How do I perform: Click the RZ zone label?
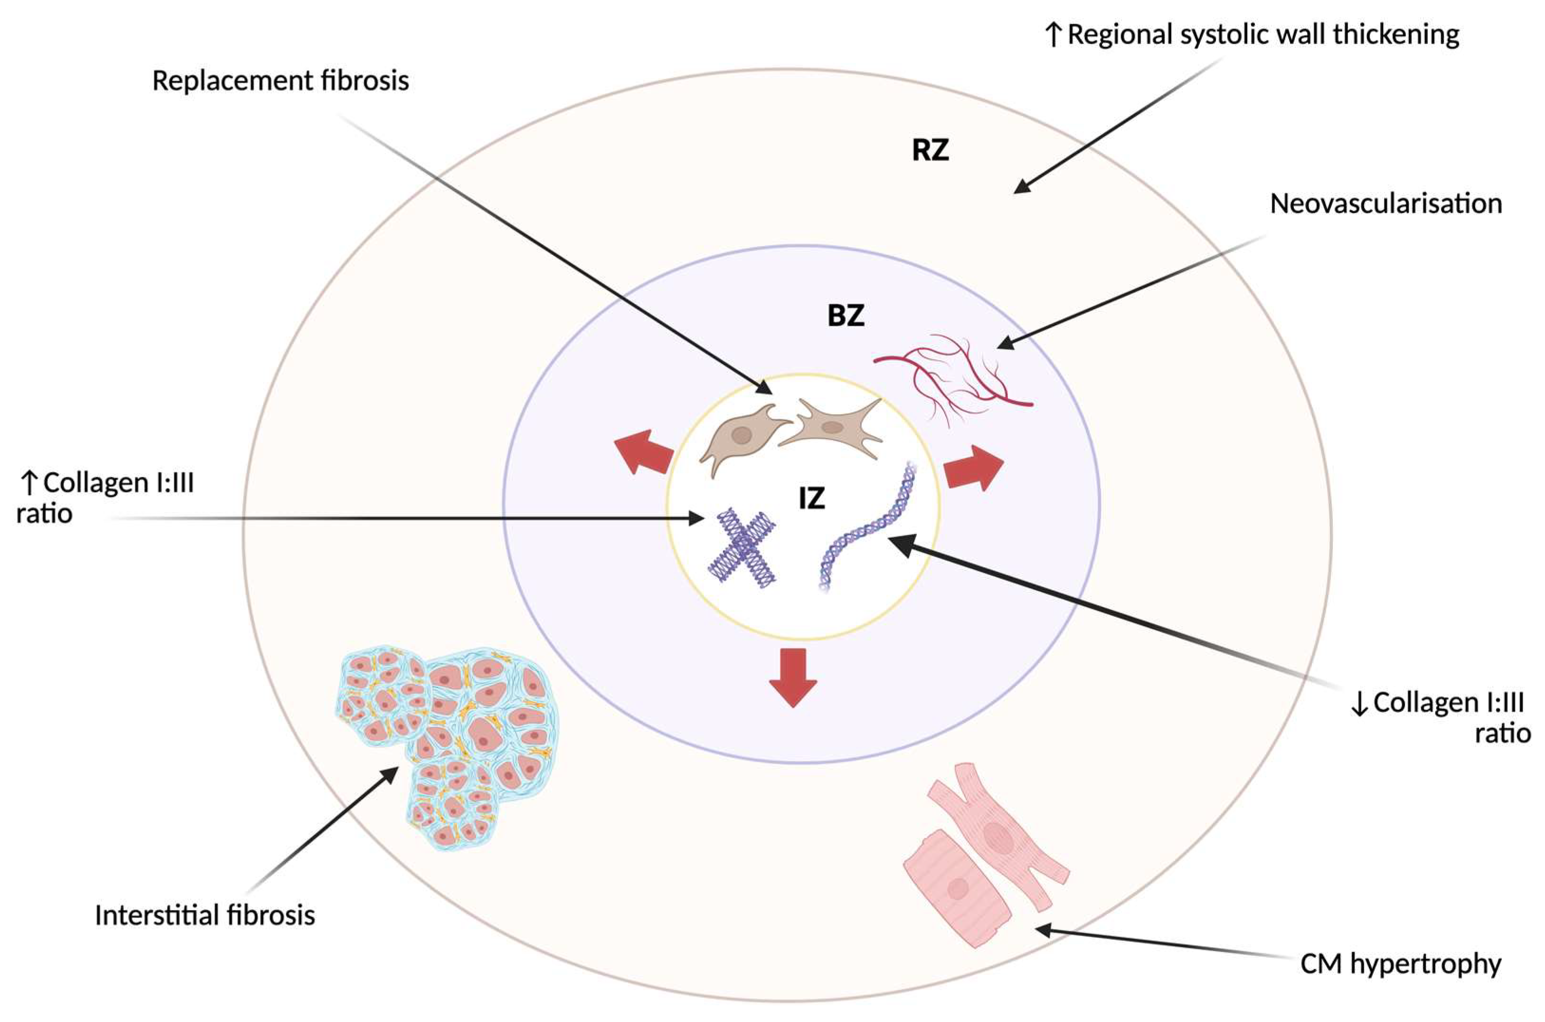[x=930, y=151]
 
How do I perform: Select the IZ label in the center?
[x=811, y=499]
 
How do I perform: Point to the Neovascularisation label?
[x=1386, y=205]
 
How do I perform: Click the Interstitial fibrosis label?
[x=205, y=916]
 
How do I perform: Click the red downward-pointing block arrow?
[x=792, y=678]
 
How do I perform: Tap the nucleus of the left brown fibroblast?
[x=741, y=435]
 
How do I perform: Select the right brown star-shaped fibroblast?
[x=831, y=428]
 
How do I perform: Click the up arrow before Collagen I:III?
[x=28, y=483]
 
